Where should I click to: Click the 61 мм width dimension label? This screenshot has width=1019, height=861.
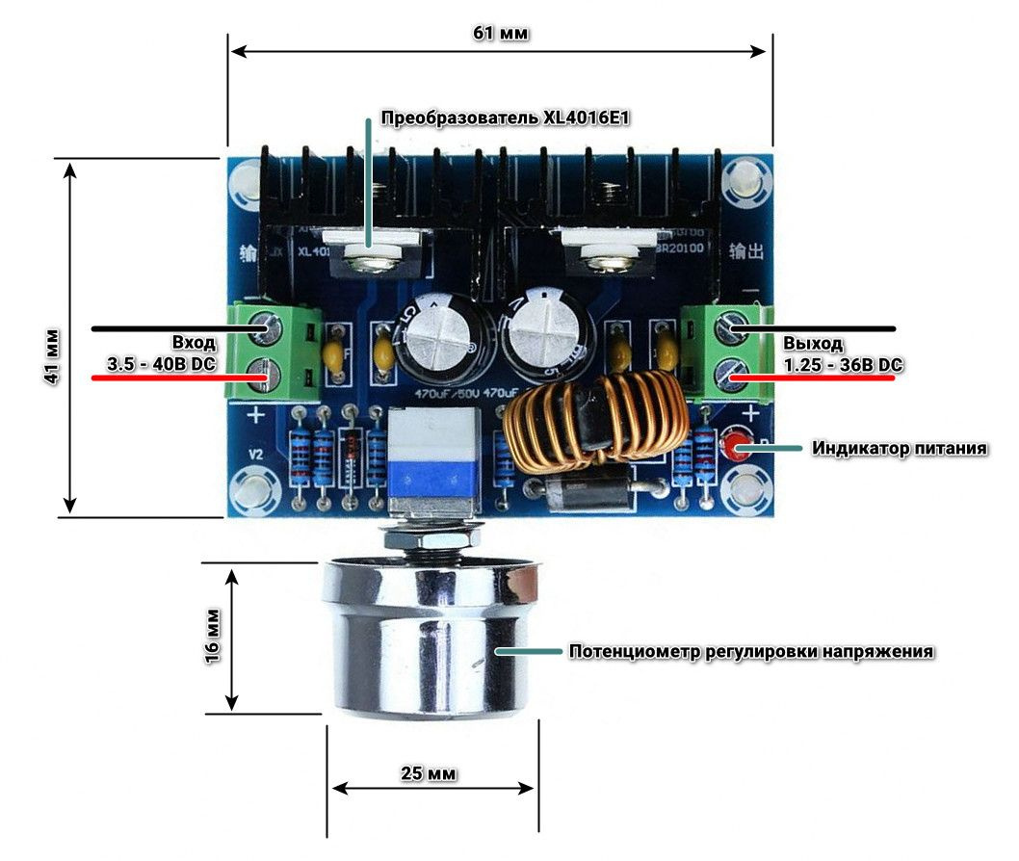click(x=500, y=33)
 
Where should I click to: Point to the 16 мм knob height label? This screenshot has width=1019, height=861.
click(x=213, y=635)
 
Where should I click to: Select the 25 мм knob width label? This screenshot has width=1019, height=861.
click(x=430, y=773)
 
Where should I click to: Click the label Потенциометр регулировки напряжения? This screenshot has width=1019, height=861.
click(x=751, y=651)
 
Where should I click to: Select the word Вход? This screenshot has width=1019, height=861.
click(x=195, y=343)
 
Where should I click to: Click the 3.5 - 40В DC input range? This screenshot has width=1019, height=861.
click(x=162, y=365)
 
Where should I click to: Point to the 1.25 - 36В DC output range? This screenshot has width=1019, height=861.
click(x=843, y=365)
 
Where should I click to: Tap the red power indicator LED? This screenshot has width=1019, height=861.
click(x=739, y=447)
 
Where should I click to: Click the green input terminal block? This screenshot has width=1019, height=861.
click(x=274, y=352)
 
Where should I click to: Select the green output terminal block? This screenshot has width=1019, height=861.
click(x=727, y=352)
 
